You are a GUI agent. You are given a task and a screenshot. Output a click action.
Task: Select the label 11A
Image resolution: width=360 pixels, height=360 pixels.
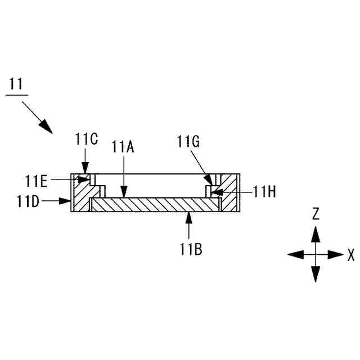(x=123, y=147)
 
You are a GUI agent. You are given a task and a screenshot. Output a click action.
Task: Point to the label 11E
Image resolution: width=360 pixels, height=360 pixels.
(x=37, y=181)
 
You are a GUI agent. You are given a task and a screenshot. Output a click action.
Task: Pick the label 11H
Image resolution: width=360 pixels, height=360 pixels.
(x=264, y=192)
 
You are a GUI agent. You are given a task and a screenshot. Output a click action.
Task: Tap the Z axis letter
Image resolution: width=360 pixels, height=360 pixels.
(x=316, y=213)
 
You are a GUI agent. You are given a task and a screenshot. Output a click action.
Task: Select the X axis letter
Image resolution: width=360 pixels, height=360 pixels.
(x=351, y=255)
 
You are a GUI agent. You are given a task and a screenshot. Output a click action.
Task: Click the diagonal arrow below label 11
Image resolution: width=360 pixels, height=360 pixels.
(x=39, y=118)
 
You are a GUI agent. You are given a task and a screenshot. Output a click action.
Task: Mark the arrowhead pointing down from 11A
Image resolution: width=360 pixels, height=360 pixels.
(x=123, y=195)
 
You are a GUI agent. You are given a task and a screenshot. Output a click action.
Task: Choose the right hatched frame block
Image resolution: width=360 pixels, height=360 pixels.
(x=229, y=193)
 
